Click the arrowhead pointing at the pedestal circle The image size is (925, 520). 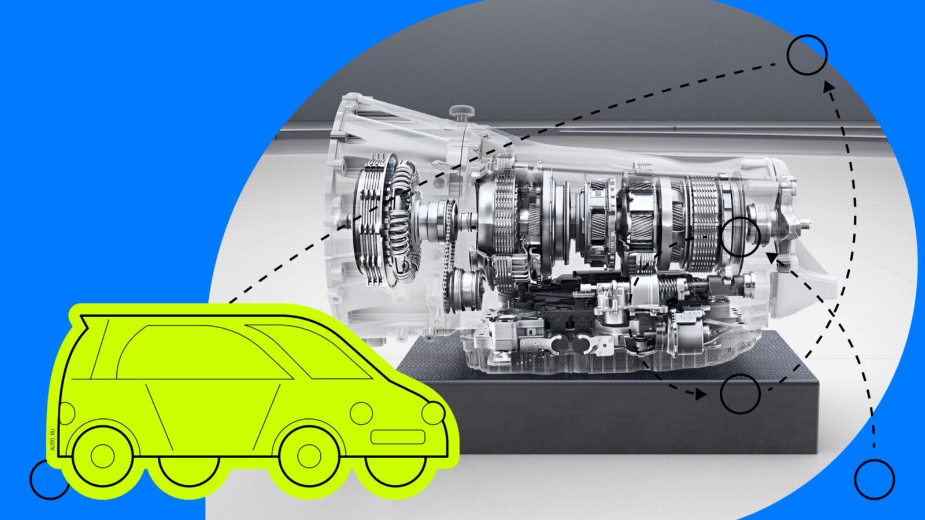coord(700,394)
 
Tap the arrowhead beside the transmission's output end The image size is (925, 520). coord(772,258)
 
